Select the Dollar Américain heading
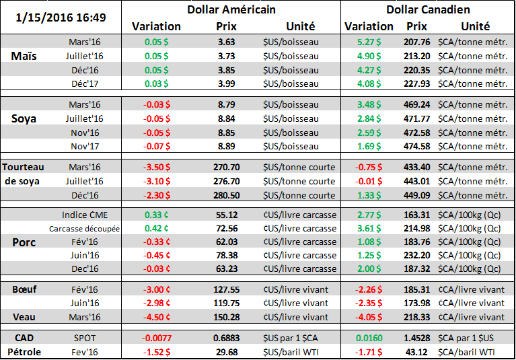pos(231,10)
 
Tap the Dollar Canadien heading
pos(428,10)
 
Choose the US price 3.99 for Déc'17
pos(225,83)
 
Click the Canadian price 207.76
pos(418,42)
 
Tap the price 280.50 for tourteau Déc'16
pos(225,195)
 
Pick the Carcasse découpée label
pos(85,229)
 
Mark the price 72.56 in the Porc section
pos(225,229)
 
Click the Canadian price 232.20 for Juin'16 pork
pos(418,256)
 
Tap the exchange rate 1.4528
pos(418,336)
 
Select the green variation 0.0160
pos(368,336)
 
